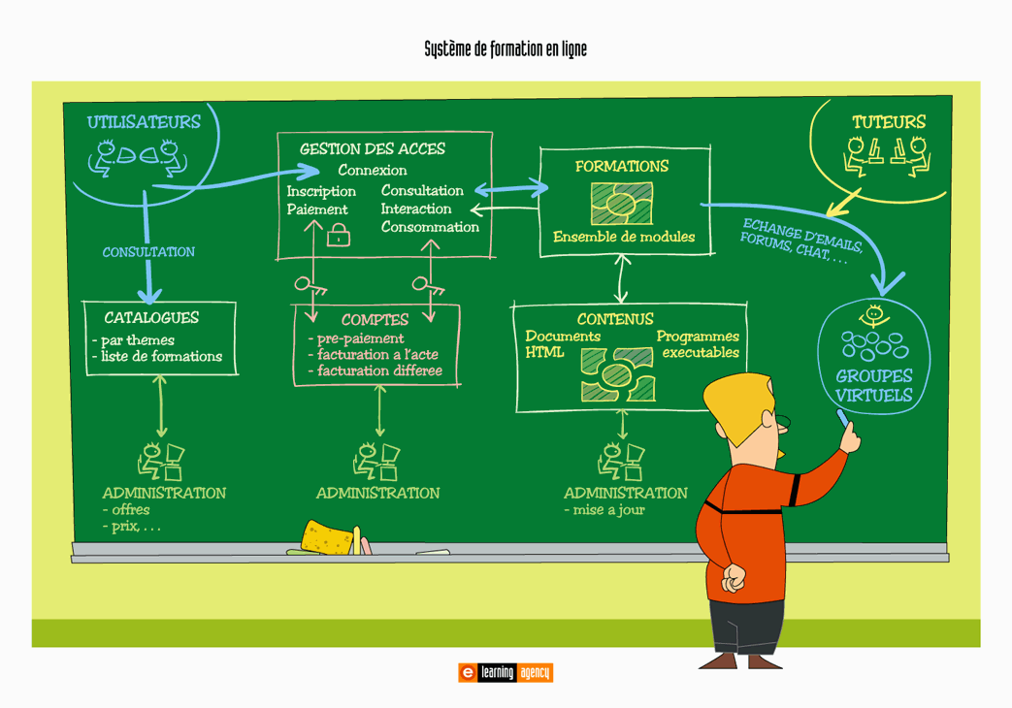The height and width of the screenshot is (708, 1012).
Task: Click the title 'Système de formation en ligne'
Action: tap(506, 49)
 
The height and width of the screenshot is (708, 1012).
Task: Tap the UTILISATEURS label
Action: tap(144, 122)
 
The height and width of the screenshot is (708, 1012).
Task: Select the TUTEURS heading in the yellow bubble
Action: tap(889, 122)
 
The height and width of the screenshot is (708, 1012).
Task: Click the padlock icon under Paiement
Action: tap(339, 235)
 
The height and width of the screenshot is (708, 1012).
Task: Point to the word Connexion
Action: tap(373, 171)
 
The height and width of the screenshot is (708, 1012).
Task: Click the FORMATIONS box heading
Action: tap(622, 166)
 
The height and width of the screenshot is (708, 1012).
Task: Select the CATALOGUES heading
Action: tap(151, 317)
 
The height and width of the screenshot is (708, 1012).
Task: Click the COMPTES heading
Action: tap(375, 319)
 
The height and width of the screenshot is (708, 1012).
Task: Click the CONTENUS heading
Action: tap(615, 319)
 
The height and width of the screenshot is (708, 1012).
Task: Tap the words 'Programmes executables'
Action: tap(699, 344)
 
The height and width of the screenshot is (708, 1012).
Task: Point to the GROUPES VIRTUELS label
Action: tap(873, 386)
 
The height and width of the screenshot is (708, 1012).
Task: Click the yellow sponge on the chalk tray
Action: tap(327, 537)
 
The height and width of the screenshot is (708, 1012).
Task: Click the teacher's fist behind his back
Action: tap(735, 579)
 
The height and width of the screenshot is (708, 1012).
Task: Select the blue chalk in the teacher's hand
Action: tap(842, 417)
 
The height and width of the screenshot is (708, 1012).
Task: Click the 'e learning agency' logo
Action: tap(506, 672)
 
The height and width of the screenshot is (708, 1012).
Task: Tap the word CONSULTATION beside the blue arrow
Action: tap(148, 252)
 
